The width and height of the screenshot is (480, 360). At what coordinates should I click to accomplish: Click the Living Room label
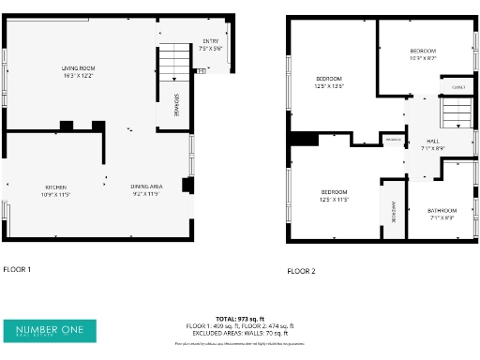[x=79, y=71]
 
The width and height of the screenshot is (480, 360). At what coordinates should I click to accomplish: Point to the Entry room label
[x=211, y=44]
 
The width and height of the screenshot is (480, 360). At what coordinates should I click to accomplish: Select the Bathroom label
[x=442, y=213]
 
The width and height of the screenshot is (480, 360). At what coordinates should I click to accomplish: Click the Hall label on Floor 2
[x=431, y=144]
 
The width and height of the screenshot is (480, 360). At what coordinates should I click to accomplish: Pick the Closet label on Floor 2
[x=457, y=87]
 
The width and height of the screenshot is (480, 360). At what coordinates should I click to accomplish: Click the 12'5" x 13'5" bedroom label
[x=329, y=82]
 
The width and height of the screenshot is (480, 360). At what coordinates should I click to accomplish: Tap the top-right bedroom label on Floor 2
[x=423, y=53]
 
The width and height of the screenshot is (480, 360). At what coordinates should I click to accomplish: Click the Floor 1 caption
[x=17, y=269]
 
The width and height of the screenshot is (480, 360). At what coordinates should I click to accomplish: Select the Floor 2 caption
[x=301, y=271]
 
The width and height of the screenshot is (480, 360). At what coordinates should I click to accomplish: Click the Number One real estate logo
[x=50, y=330]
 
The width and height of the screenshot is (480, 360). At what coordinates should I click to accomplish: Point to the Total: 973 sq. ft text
[x=240, y=319]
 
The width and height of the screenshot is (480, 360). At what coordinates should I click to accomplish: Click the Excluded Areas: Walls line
[x=240, y=332]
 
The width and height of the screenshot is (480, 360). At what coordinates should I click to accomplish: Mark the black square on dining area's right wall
[x=187, y=185]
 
